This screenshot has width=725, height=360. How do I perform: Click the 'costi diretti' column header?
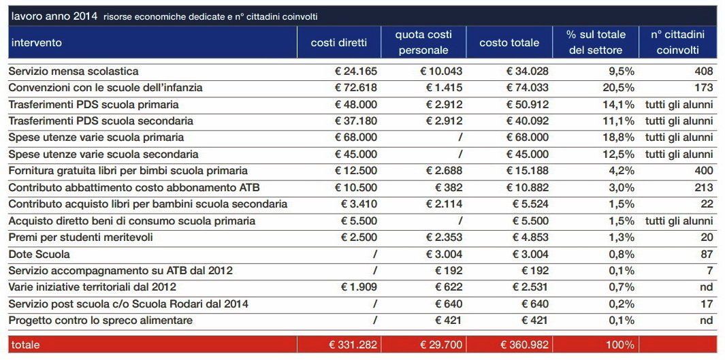tap(339, 43)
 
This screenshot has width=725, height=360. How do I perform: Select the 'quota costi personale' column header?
tap(423, 42)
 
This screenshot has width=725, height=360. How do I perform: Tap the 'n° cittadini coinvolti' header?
tap(678, 42)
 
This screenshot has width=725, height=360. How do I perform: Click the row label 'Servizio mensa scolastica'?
tap(74, 71)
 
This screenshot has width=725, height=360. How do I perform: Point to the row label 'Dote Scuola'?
tap(39, 255)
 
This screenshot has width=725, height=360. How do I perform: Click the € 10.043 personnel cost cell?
tap(441, 71)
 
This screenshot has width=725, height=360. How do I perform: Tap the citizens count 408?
tap(703, 71)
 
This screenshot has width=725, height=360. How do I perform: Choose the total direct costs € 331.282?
tap(353, 345)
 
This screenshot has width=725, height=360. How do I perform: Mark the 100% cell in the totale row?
tap(621, 345)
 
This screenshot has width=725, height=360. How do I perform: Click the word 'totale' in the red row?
tap(25, 345)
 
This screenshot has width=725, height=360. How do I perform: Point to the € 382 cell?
tap(449, 188)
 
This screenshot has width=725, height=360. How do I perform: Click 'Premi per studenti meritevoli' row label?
tap(81, 238)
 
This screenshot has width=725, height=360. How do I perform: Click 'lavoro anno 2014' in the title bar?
tap(54, 16)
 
